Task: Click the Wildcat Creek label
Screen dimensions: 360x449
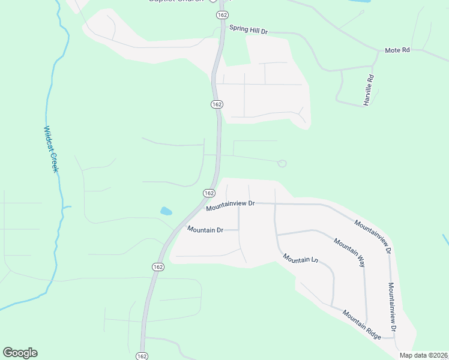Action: (50, 149)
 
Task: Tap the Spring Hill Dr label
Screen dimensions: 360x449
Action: (249, 28)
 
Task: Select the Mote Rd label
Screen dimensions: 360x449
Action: (397, 50)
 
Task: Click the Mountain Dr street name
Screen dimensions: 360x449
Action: (205, 229)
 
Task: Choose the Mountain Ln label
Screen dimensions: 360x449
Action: (300, 259)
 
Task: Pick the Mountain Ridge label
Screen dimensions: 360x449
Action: (362, 325)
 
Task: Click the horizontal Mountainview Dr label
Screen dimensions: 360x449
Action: (231, 206)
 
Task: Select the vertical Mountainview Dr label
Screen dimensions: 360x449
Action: (392, 307)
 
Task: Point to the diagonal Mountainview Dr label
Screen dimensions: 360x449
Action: (373, 236)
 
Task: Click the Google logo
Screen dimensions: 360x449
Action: (20, 353)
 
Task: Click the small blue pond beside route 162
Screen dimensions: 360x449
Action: (166, 211)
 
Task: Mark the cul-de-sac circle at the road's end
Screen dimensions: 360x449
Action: (282, 163)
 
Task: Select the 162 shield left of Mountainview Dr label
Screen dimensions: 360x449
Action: (209, 193)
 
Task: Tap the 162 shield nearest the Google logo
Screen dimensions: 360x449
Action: (142, 356)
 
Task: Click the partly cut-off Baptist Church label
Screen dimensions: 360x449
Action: (174, 1)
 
